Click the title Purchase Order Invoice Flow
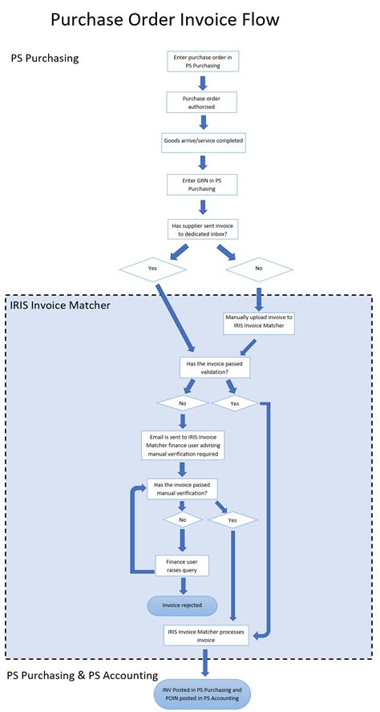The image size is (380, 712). (165, 21)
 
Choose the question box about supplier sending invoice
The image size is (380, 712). (202, 228)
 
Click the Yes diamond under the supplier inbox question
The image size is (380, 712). (152, 269)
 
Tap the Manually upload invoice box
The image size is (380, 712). (257, 322)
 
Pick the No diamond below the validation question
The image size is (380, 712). (183, 403)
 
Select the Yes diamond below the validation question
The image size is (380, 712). (234, 403)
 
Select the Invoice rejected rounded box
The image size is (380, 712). (182, 605)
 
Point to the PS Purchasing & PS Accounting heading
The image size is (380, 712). (82, 675)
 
